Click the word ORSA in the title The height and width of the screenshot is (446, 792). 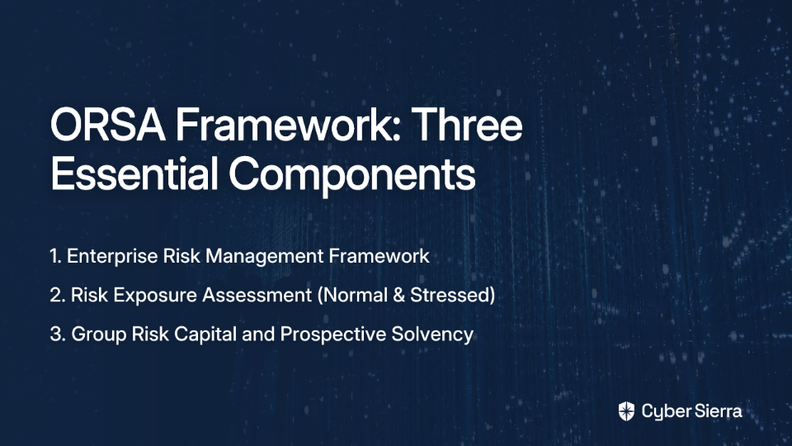[x=107, y=125]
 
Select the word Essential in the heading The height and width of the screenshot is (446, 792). [x=134, y=173]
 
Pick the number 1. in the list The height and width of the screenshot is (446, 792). [x=55, y=256]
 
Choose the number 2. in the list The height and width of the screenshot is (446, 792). [x=58, y=296]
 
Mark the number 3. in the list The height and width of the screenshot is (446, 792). [x=58, y=334]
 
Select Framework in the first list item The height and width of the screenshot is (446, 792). [x=379, y=256]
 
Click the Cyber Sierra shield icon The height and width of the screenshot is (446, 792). [x=626, y=411]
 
